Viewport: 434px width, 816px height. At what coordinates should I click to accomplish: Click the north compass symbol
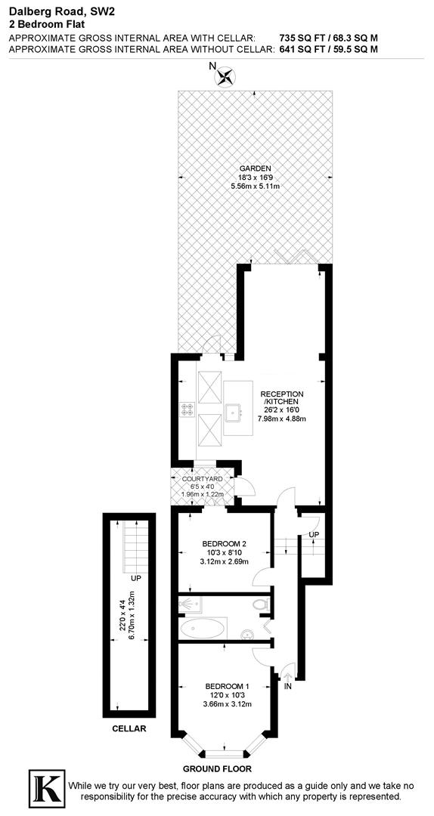tap(226, 76)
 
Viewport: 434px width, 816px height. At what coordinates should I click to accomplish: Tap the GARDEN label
tap(255, 168)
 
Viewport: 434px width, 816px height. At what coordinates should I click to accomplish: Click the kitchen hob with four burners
tap(187, 410)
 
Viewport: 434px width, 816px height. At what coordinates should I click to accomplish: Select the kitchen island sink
tap(234, 410)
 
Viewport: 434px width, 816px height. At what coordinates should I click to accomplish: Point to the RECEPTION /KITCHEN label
tap(282, 399)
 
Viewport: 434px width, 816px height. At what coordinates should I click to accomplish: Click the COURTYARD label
tap(201, 479)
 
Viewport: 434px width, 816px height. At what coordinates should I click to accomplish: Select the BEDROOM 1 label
tap(227, 686)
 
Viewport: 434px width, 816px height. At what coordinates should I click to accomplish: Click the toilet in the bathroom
tap(260, 604)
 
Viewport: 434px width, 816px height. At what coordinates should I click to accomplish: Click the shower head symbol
tap(187, 604)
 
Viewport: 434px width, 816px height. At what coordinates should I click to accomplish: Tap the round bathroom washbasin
tap(246, 635)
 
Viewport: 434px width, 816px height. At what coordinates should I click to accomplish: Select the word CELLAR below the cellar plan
tap(129, 729)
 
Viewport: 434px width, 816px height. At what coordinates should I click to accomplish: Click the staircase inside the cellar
tap(128, 543)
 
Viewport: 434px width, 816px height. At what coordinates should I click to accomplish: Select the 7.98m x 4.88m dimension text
tap(282, 419)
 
